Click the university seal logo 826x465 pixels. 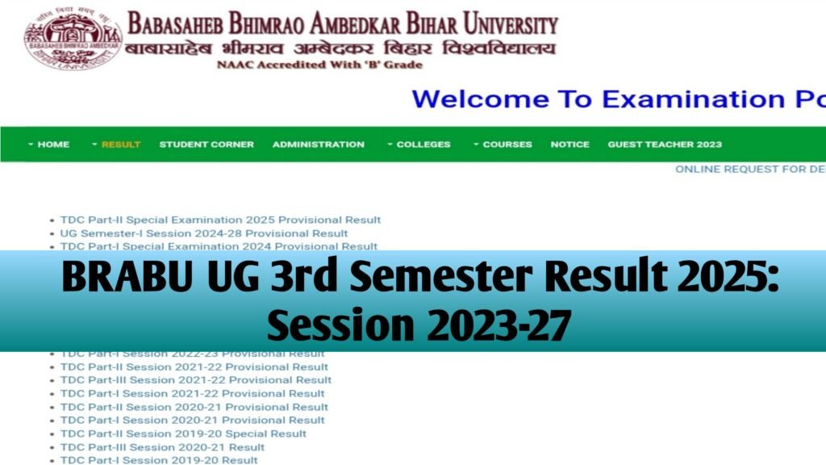click(73, 39)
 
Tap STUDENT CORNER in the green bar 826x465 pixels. click(206, 145)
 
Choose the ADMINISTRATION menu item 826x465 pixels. click(318, 145)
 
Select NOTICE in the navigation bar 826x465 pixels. click(569, 145)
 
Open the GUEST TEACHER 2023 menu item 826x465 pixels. click(665, 145)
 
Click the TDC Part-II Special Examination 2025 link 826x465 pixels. click(220, 220)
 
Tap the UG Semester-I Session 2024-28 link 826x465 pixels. click(204, 233)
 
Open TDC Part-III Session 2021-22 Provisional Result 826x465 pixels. click(196, 380)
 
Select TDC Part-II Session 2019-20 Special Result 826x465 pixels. click(183, 434)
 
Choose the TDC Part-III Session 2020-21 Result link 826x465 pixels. click(162, 447)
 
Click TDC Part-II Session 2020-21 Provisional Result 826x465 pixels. click(194, 407)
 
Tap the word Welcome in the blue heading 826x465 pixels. click(481, 99)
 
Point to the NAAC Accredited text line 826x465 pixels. click(319, 65)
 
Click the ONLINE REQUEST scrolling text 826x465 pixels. click(749, 170)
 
